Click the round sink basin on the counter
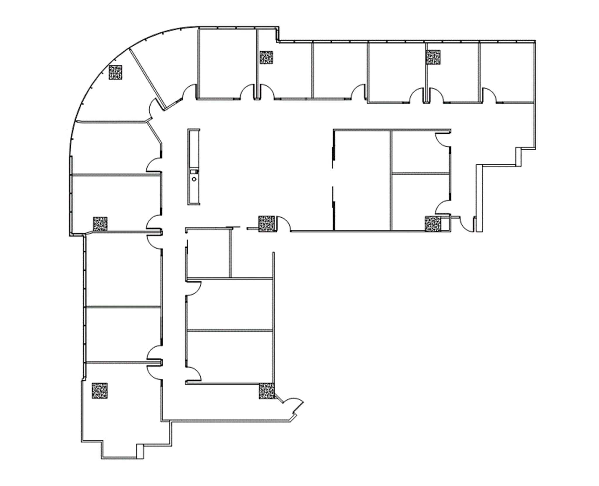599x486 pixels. [194, 179]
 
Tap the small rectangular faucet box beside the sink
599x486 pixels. [194, 171]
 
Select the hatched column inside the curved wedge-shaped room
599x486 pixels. [115, 72]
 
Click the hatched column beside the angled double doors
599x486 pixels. [266, 391]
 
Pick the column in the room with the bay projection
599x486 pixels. [99, 390]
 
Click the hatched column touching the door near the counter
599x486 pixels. [266, 224]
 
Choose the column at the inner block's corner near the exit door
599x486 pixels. [432, 224]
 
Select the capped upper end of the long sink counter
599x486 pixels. [194, 130]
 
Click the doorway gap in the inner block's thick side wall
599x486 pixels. [333, 177]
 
